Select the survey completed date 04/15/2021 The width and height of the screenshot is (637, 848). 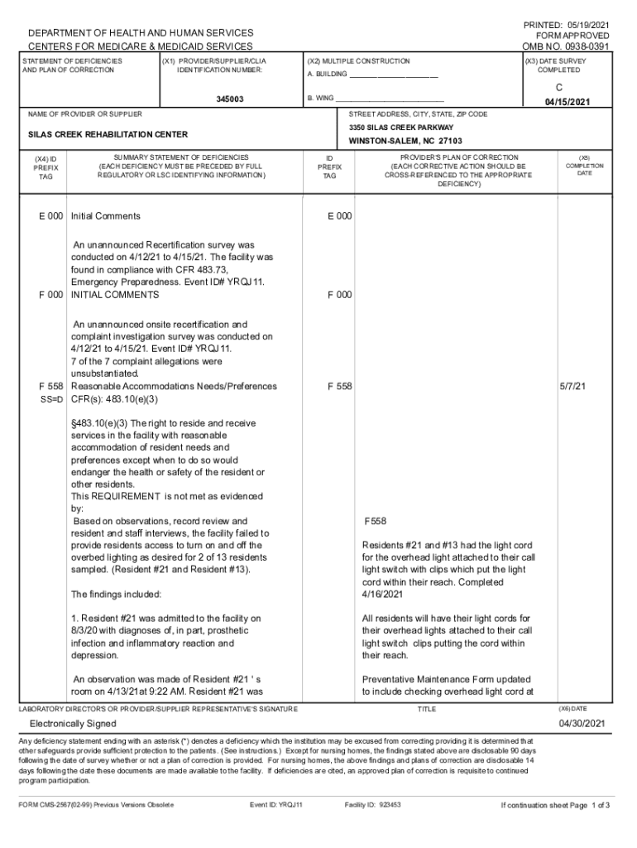pos(568,102)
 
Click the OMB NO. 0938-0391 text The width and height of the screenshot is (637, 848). pos(566,47)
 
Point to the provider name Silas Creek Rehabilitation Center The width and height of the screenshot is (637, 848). pos(108,134)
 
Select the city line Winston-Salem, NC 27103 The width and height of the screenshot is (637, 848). pos(405,142)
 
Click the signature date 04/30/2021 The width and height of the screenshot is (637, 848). pos(582,724)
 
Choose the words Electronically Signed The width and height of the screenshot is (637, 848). pos(72,724)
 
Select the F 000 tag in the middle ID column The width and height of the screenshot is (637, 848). pos(339,295)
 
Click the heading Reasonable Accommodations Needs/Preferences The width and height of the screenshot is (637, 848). pos(174,386)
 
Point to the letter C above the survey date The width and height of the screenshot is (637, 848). pos(568,85)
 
